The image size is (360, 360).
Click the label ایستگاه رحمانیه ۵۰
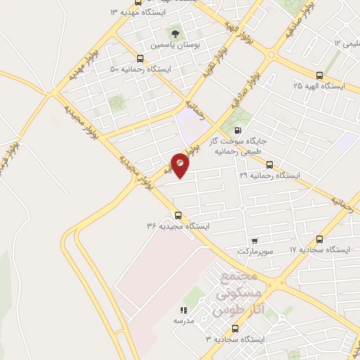[141, 70]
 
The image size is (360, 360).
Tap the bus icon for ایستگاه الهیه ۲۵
[319, 75]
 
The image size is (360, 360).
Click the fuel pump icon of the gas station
[238, 129]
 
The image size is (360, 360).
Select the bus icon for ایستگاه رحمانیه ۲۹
[270, 163]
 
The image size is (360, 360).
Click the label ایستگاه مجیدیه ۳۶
[178, 226]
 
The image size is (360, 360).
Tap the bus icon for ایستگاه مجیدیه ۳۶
[177, 215]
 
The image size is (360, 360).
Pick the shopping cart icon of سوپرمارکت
[254, 240]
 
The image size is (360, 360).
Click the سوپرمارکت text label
[254, 250]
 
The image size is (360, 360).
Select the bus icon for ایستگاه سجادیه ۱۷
[320, 239]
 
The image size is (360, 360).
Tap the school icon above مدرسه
[184, 309]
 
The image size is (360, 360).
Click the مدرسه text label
[183, 321]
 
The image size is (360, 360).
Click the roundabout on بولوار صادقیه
[272, 54]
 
